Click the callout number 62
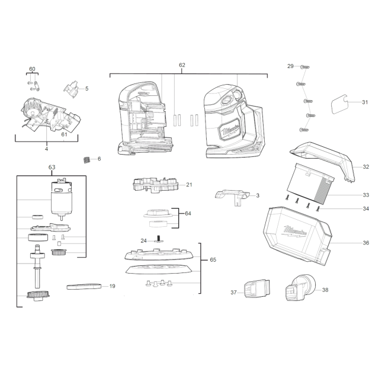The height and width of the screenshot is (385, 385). (x=182, y=65)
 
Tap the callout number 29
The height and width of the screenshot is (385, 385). (x=290, y=66)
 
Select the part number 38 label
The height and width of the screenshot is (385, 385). (x=325, y=290)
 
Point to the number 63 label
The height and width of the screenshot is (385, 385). (x=52, y=167)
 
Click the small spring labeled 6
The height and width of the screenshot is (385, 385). (x=86, y=160)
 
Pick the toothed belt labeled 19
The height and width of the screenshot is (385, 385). (x=84, y=286)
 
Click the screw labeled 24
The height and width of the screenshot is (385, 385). (x=158, y=239)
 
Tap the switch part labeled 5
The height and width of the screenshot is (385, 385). (x=71, y=89)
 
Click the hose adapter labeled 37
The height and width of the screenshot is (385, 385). (x=257, y=288)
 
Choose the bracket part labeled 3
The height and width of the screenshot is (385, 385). (x=232, y=197)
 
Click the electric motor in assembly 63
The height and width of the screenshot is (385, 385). (x=62, y=199)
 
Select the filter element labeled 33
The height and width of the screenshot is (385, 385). (x=310, y=183)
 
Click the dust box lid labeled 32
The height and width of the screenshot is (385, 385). (x=322, y=159)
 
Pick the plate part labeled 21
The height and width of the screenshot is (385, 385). (x=155, y=185)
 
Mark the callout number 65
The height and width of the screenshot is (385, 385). (x=213, y=260)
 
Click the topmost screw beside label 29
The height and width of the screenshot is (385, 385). (x=304, y=66)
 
